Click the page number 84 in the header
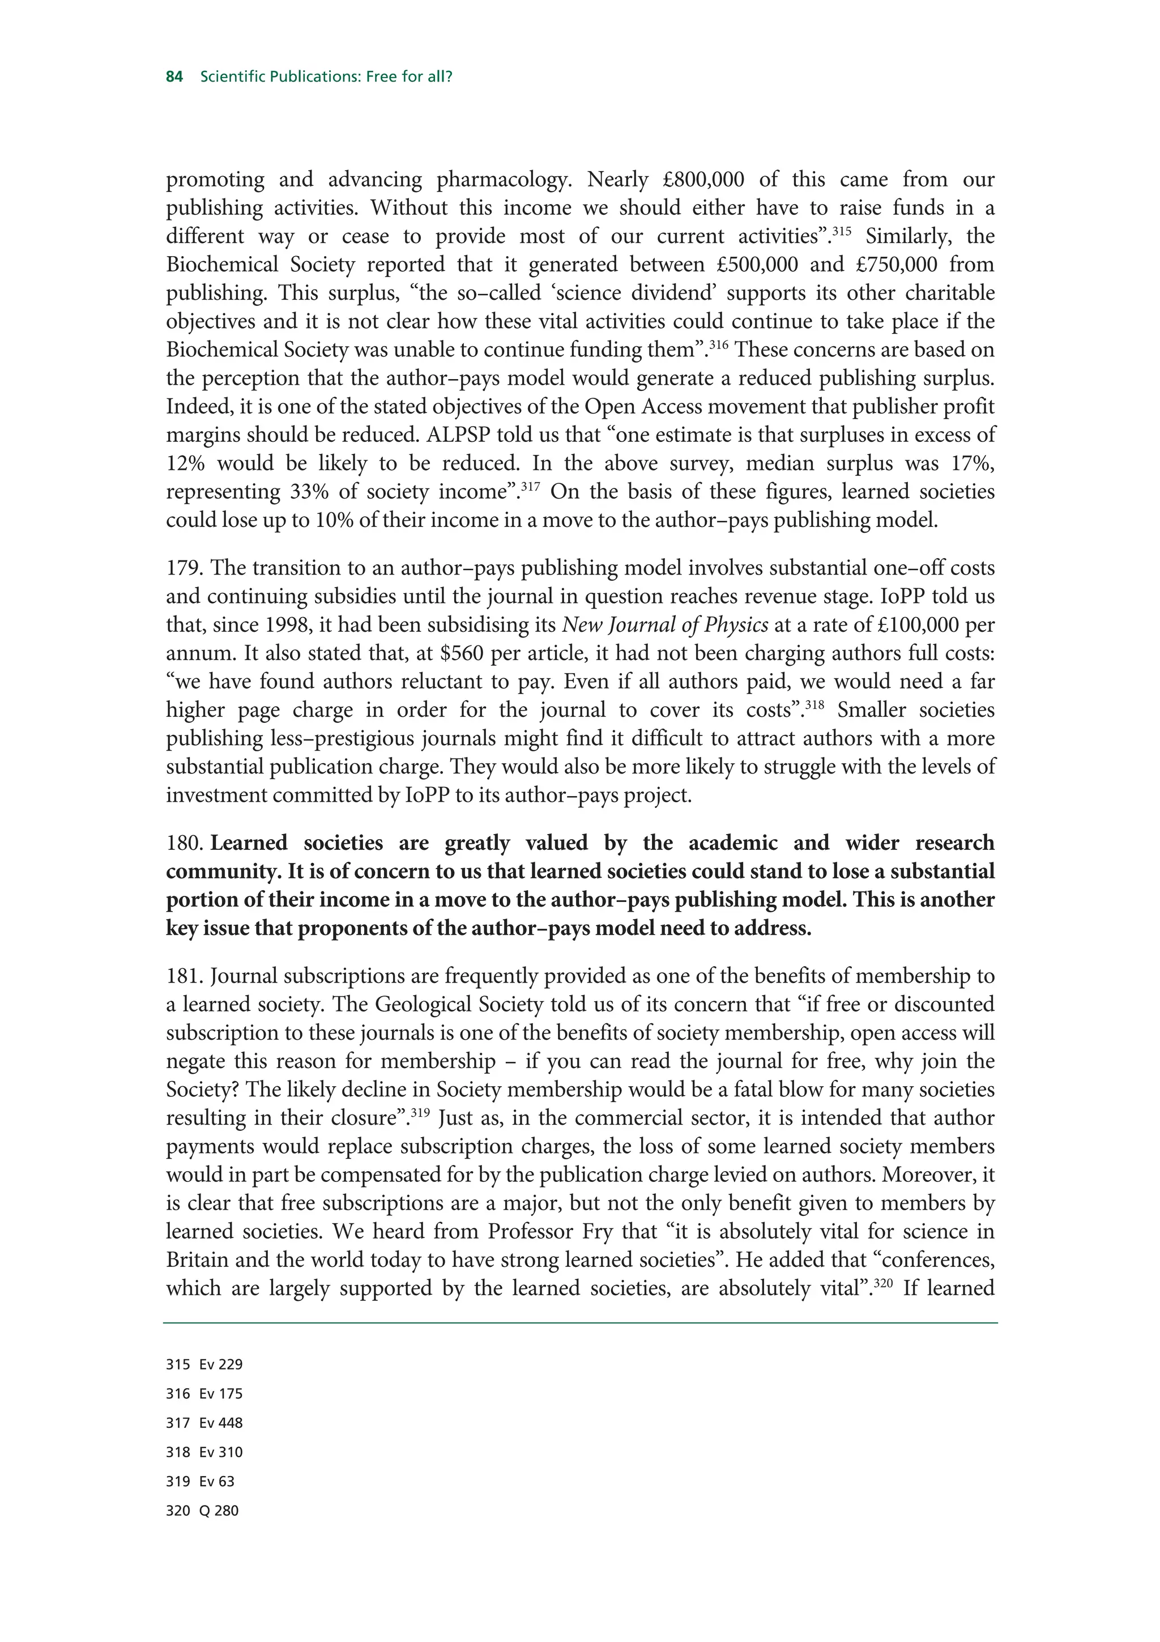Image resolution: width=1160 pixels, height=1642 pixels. pyautogui.click(x=174, y=76)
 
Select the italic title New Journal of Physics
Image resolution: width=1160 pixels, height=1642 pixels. pyautogui.click(x=665, y=625)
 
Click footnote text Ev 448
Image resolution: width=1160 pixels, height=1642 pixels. pyautogui.click(x=221, y=1423)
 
